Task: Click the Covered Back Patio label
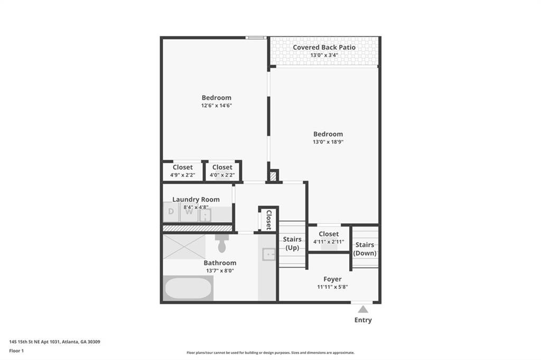[x=324, y=48]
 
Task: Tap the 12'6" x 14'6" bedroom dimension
[x=217, y=106]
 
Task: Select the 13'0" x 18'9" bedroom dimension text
[x=328, y=142]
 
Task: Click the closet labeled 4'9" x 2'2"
[x=182, y=171]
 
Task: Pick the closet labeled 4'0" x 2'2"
[x=222, y=171]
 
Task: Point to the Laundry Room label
[x=195, y=200]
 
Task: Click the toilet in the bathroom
[x=222, y=244]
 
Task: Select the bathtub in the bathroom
[x=188, y=288]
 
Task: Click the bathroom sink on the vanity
[x=269, y=254]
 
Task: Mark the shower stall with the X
[x=184, y=247]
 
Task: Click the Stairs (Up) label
[x=292, y=244]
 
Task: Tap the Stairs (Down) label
[x=365, y=249]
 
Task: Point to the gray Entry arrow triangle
[x=363, y=309]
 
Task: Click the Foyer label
[x=332, y=279]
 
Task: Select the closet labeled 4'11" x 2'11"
[x=329, y=238]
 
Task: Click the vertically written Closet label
[x=268, y=220]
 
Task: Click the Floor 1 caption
[x=16, y=350]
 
